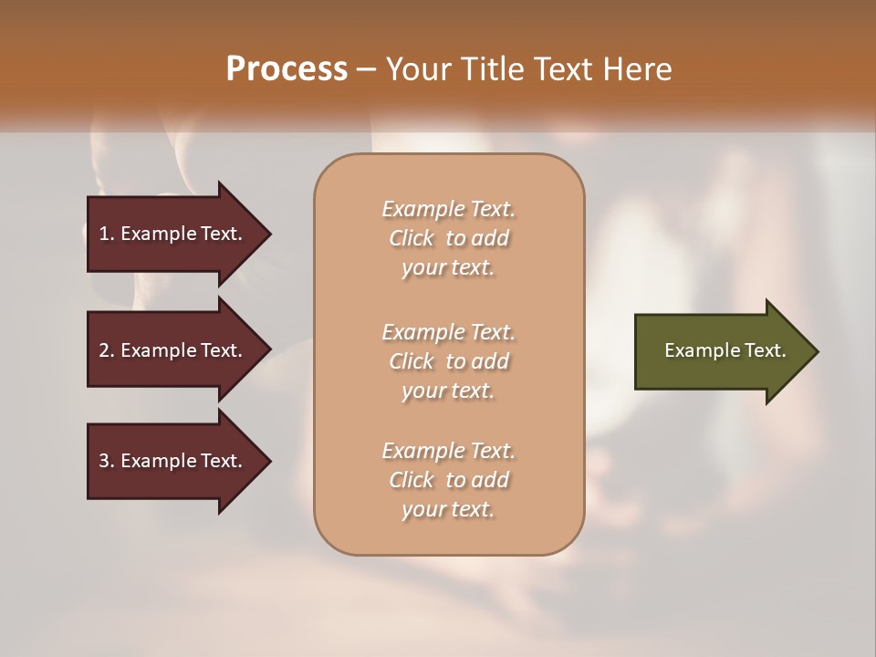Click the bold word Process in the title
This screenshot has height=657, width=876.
(287, 69)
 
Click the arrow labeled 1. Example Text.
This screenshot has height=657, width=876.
(173, 234)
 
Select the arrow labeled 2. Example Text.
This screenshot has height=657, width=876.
(173, 350)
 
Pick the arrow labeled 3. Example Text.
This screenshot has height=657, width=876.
(173, 461)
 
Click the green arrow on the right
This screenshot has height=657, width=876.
(721, 350)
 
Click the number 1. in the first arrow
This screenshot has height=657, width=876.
(107, 234)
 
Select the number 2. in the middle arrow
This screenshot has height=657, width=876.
(107, 350)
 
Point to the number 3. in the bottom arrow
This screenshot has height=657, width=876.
(107, 461)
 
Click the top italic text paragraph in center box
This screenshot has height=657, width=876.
(448, 238)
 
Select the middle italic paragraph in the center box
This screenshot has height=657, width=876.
(448, 361)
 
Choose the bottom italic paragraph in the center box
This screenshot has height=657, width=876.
(448, 480)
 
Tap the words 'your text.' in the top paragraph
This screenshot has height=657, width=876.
(448, 268)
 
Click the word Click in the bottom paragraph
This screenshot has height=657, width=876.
(412, 480)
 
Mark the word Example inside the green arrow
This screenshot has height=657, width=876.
(695, 350)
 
